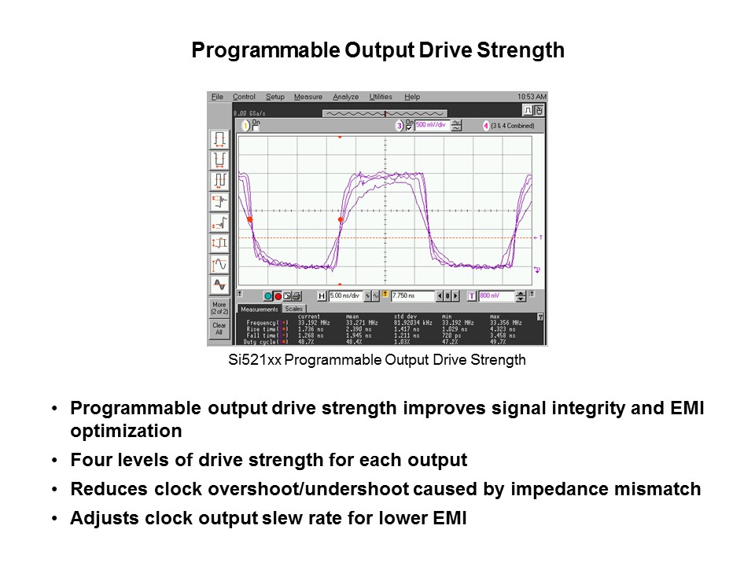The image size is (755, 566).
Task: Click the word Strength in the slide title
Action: (522, 50)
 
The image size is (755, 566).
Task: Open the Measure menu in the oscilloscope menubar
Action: (308, 97)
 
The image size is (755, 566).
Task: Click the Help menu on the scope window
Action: (412, 97)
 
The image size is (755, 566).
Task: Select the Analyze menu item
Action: (345, 97)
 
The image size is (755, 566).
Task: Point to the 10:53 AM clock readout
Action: (532, 97)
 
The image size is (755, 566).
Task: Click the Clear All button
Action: (219, 329)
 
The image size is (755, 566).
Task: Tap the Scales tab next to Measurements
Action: (294, 309)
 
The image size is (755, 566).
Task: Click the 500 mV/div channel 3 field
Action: (431, 125)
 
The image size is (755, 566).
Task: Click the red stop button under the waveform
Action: (278, 296)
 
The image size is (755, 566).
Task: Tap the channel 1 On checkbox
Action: (256, 124)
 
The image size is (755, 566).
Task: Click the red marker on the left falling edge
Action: (249, 220)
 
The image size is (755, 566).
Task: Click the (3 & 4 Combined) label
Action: (512, 125)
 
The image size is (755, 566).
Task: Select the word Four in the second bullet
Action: (87, 460)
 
